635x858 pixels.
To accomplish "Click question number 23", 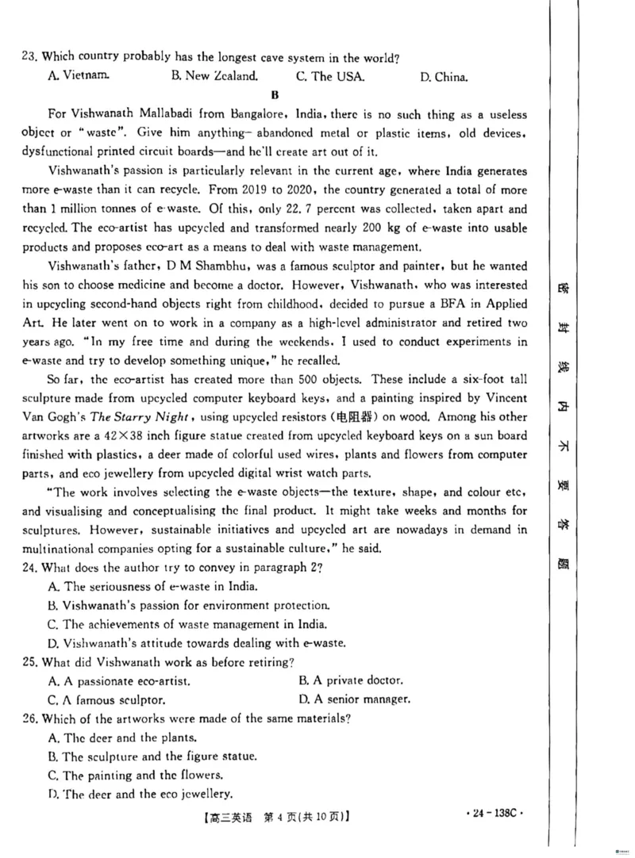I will [x=30, y=57].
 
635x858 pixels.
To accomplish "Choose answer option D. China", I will [x=444, y=77].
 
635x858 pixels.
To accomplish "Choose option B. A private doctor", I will [x=351, y=680].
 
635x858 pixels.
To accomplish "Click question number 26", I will [x=30, y=718].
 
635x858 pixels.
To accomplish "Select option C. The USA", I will [x=330, y=77].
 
